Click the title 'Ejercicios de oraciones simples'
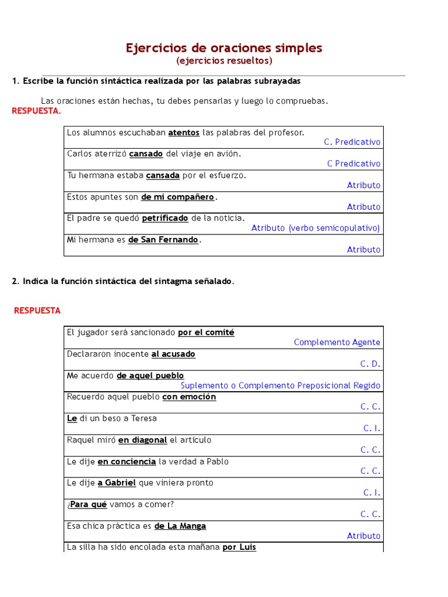(224, 48)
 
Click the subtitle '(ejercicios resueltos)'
(224, 61)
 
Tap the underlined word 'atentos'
(184, 133)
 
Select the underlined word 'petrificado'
(165, 218)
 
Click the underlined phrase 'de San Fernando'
(163, 240)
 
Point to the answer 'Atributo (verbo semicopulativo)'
(316, 228)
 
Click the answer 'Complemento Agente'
(337, 342)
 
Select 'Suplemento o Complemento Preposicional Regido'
(281, 385)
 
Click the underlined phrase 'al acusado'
(173, 354)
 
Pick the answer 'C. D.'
(370, 364)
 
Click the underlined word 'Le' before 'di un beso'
(72, 419)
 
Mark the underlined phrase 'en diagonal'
(142, 440)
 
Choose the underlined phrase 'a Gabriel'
(117, 483)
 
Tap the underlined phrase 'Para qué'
(88, 504)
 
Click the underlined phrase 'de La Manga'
(180, 526)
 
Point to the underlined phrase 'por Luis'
(239, 547)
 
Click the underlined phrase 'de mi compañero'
(178, 197)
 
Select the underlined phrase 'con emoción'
(189, 397)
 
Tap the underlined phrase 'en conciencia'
(127, 462)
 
